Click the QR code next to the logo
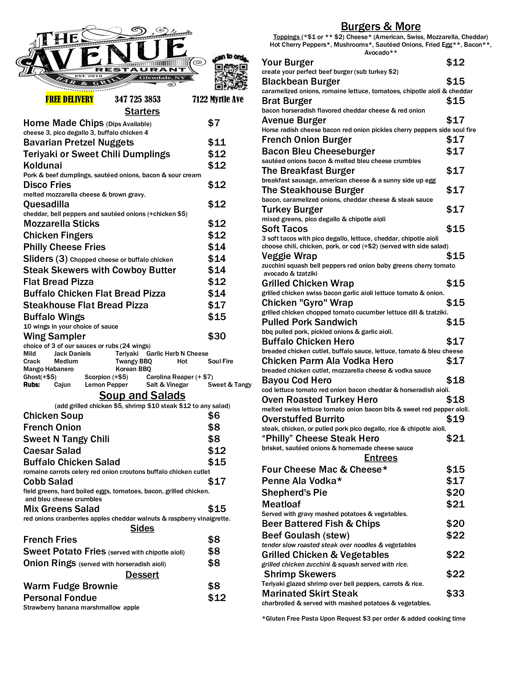click(x=231, y=76)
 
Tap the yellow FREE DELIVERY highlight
click(x=70, y=99)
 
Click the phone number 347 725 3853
click(x=138, y=99)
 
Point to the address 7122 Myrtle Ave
click(x=218, y=99)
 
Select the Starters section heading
click(x=142, y=111)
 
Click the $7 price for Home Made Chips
click(x=214, y=123)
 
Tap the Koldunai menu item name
click(x=43, y=166)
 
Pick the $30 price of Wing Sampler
click(x=217, y=336)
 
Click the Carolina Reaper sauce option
click(x=179, y=377)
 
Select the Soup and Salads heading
click(x=142, y=395)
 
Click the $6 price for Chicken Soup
click(x=214, y=415)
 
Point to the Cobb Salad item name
click(x=48, y=481)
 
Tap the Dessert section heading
click(x=142, y=575)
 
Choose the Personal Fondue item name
click(x=60, y=598)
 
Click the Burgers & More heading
click(x=381, y=26)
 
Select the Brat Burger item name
click(x=287, y=101)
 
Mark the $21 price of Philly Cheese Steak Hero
click(x=455, y=438)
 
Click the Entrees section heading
click(x=381, y=458)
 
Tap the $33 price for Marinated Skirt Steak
click(x=455, y=593)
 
